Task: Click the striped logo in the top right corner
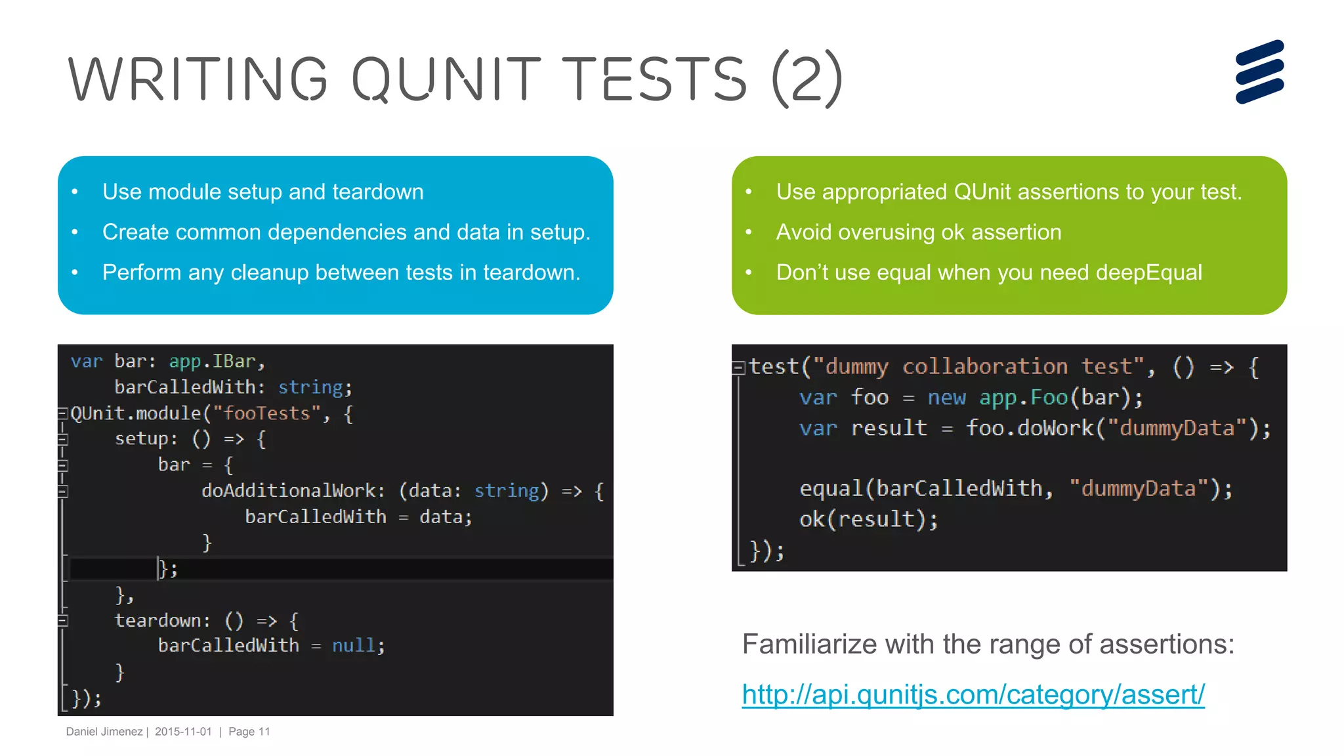pos(1259,72)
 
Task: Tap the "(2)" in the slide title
pos(807,79)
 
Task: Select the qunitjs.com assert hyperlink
pos(973,694)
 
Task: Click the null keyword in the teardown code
pos(354,646)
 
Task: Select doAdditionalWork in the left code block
pos(289,491)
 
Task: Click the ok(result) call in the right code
pos(868,520)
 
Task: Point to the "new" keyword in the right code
pos(946,398)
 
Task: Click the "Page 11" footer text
pos(249,732)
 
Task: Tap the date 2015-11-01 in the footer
pos(183,732)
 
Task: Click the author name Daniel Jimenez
pos(104,732)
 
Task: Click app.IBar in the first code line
pos(212,362)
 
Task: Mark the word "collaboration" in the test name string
pos(984,367)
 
